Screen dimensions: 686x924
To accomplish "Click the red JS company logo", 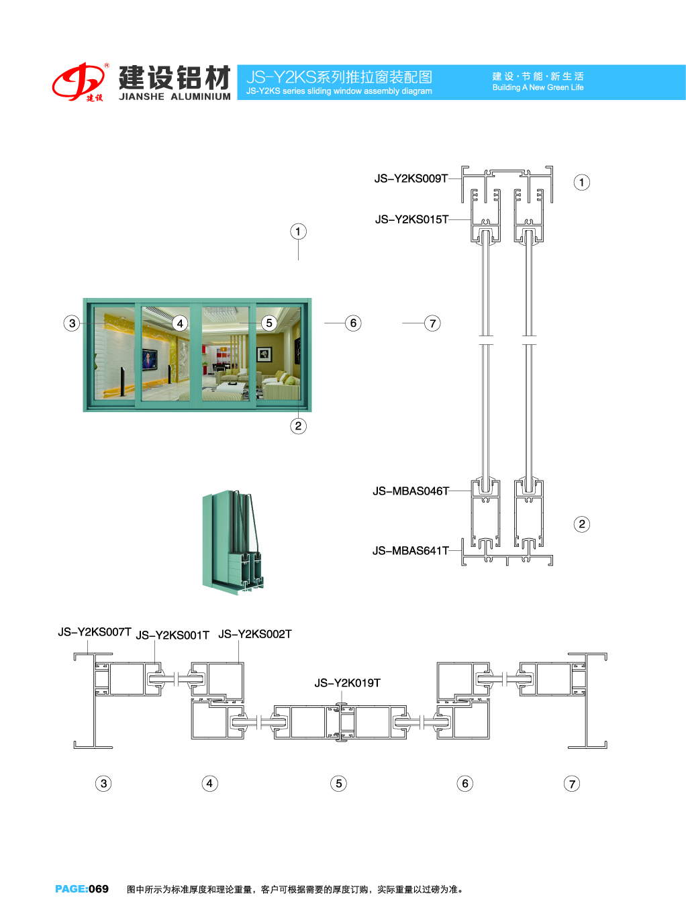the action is (79, 82).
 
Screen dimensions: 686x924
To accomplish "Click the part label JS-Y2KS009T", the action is (411, 178).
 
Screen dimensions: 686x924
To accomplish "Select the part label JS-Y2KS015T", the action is (411, 219).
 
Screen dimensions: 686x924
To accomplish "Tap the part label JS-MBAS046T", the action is (411, 491).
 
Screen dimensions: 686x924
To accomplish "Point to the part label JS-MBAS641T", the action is (411, 551).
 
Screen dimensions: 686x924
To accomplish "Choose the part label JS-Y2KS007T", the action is (95, 632).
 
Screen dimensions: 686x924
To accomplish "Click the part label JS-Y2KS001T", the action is (173, 635).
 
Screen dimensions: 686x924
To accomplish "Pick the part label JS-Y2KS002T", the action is (255, 634).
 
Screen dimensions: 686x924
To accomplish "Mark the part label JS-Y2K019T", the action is (347, 683).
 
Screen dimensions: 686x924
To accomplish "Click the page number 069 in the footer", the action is (99, 889).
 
